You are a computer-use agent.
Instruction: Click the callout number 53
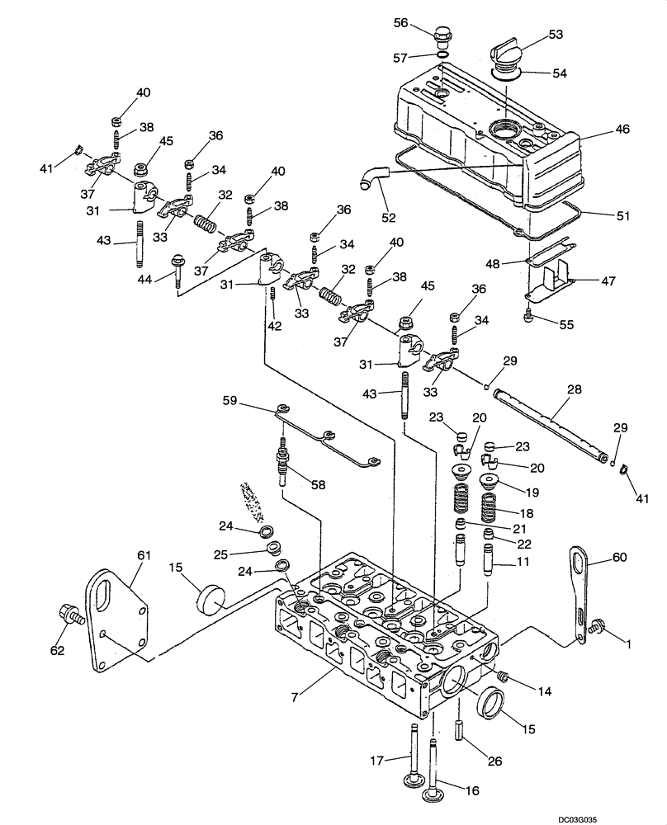(556, 35)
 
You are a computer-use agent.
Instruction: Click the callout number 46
(621, 130)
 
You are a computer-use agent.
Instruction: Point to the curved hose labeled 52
(373, 177)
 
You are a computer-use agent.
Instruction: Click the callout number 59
(229, 401)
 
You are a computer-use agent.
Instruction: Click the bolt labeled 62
(70, 614)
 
